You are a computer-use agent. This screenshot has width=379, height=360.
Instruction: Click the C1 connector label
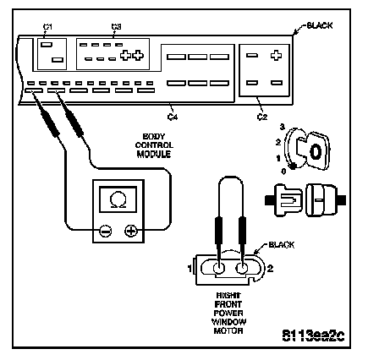point(47,27)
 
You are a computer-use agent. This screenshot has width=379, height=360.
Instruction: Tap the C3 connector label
point(116,27)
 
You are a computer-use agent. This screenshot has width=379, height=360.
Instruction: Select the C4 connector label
point(173,117)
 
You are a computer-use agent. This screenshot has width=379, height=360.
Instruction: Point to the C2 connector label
point(262,117)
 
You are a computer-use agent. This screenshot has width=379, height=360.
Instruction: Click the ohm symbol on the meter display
point(118,199)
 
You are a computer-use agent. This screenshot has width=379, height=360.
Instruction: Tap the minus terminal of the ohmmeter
point(106,232)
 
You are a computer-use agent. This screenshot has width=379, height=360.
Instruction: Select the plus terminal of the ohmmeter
point(131,232)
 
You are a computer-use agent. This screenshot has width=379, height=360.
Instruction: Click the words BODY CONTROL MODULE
point(154,145)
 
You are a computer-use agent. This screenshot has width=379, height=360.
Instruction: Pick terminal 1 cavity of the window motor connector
point(219,269)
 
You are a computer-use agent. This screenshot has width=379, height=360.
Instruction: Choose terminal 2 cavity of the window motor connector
point(241,269)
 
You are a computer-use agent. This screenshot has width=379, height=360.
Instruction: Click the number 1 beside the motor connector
point(190,269)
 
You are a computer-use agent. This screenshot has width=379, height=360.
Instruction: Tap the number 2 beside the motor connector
point(270,269)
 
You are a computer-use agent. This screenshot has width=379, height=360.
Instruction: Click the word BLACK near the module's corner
point(320,25)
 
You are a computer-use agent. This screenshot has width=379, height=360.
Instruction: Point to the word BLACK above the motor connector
point(282,245)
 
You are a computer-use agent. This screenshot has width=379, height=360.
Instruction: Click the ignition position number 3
point(283,127)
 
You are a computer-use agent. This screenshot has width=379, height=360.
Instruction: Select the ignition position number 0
point(283,172)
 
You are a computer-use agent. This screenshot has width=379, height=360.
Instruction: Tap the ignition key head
point(316,151)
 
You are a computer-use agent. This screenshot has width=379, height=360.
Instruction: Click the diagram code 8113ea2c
point(313,335)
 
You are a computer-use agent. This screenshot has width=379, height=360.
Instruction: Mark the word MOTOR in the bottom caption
point(228,330)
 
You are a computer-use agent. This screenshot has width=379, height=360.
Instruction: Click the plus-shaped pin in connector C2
point(276,55)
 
